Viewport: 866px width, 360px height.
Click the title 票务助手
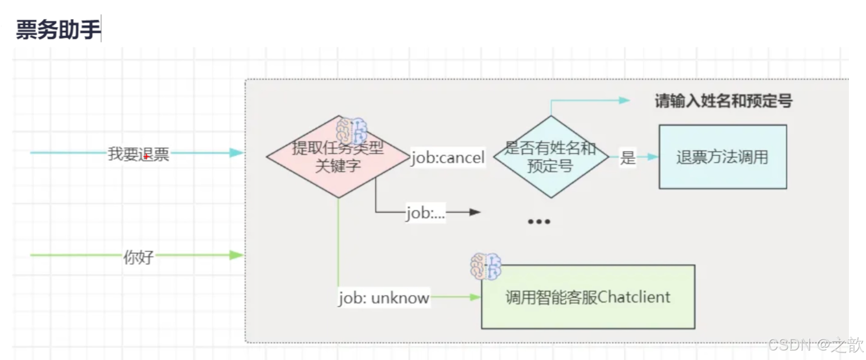pos(58,29)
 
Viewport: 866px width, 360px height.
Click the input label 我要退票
pos(138,154)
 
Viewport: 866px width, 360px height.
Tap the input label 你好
pos(138,257)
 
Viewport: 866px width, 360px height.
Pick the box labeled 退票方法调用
pos(722,157)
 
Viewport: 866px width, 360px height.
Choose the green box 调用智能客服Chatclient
pos(588,297)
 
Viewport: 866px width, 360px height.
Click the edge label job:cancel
pos(448,157)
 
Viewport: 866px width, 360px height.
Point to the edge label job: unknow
pos(384,298)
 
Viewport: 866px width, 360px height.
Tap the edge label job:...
pos(425,213)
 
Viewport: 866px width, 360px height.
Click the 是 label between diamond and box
pos(627,157)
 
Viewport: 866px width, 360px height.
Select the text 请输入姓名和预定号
pos(724,101)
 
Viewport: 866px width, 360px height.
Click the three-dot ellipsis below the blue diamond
pos(539,221)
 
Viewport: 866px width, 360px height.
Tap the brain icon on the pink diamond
pos(352,131)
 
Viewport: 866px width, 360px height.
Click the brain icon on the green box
pos(486,266)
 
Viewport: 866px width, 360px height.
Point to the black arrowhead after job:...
pos(475,212)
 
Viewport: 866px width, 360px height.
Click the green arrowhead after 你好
pos(236,255)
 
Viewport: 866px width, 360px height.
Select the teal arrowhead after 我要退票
pos(236,153)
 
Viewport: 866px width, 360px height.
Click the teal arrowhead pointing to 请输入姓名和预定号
pos(624,100)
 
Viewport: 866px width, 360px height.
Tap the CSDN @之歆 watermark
pos(815,345)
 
